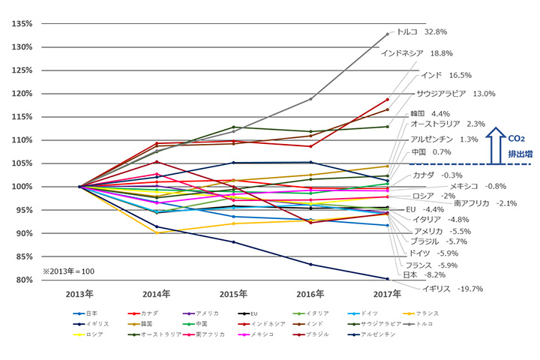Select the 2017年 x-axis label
[388, 293]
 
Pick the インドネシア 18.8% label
[417, 53]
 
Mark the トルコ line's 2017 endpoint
[388, 34]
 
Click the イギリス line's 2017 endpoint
[388, 279]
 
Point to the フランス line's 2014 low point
[157, 233]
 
